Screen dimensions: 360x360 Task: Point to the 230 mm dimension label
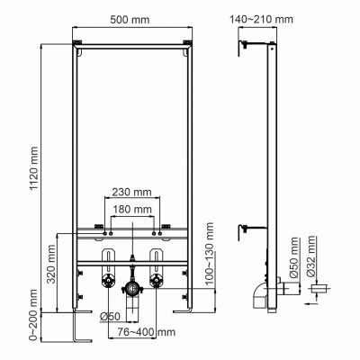click(x=132, y=191)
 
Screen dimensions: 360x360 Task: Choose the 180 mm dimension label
click(x=132, y=210)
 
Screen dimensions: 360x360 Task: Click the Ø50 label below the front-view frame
click(x=110, y=315)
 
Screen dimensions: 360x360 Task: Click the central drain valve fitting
click(x=133, y=291)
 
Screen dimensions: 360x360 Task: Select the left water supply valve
click(x=108, y=281)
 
